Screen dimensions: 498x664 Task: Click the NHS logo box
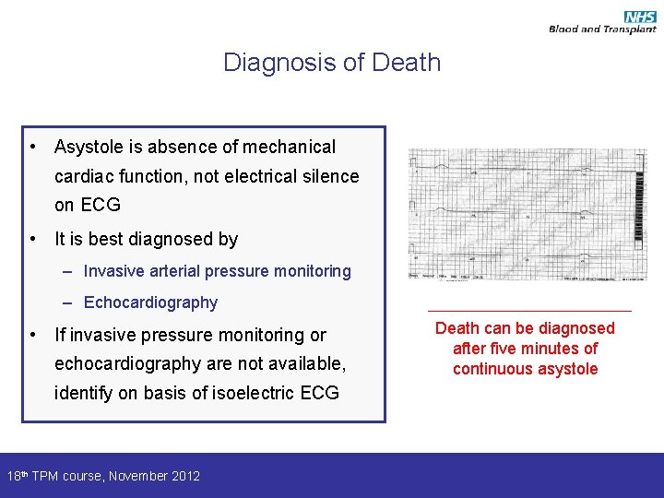[640, 17]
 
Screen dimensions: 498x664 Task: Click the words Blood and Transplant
[602, 30]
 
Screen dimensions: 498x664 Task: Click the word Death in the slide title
[406, 63]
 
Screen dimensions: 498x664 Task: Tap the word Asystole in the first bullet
[90, 147]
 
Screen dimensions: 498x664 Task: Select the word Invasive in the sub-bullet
[113, 271]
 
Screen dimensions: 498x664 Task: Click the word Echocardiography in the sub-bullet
[150, 302]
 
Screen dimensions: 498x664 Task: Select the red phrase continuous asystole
[525, 369]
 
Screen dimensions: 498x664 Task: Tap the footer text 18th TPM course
[54, 476]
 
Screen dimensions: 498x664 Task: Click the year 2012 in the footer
[184, 476]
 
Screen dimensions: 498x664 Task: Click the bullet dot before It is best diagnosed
[32, 240]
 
